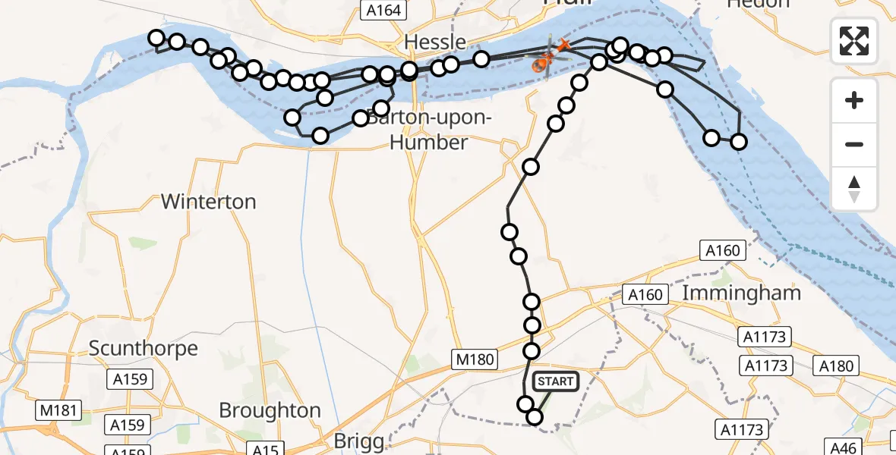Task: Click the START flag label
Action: click(556, 381)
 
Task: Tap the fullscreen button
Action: click(854, 41)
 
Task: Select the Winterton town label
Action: click(208, 202)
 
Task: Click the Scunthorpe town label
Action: click(144, 348)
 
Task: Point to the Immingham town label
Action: click(742, 293)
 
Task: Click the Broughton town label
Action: click(270, 410)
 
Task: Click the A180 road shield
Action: click(837, 366)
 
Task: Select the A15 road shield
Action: click(265, 450)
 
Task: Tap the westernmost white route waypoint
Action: click(156, 38)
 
